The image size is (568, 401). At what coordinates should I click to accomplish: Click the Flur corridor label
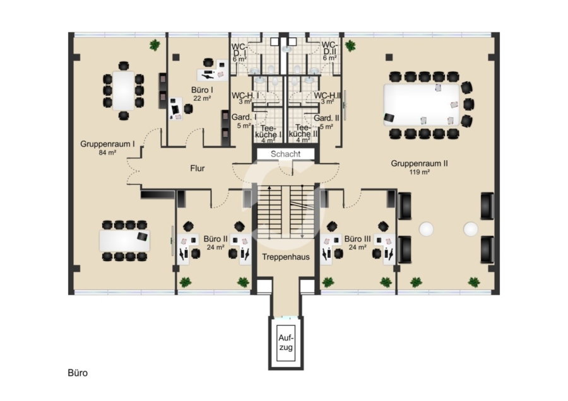pyautogui.click(x=198, y=168)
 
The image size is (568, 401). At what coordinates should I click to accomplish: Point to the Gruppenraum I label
pyautogui.click(x=107, y=144)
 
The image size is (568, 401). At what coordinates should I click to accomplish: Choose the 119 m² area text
pyautogui.click(x=419, y=171)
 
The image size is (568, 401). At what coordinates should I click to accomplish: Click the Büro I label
pyautogui.click(x=201, y=90)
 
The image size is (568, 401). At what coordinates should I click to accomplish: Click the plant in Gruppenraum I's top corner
pyautogui.click(x=154, y=45)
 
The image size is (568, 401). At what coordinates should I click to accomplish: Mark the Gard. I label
pyautogui.click(x=243, y=117)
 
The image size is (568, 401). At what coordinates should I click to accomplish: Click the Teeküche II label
pyautogui.click(x=302, y=130)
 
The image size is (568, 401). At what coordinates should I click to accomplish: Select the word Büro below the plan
pyautogui.click(x=78, y=373)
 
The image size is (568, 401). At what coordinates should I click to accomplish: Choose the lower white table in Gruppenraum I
pyautogui.click(x=124, y=240)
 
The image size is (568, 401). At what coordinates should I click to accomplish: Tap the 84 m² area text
pyautogui.click(x=107, y=152)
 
